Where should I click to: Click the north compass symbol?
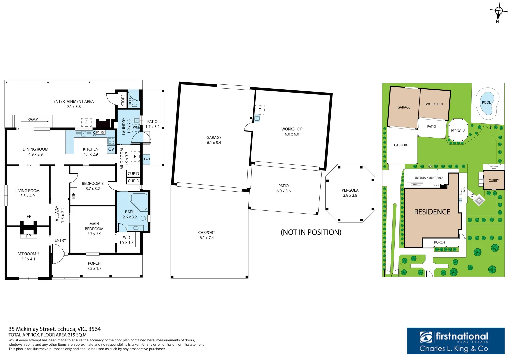click(498, 12)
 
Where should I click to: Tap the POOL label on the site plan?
click(486, 102)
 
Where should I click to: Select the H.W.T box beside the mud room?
click(146, 159)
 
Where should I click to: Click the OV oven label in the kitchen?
click(111, 149)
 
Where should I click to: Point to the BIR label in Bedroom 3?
click(73, 196)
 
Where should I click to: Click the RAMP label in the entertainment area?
click(33, 119)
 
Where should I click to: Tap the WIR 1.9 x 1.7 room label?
click(126, 240)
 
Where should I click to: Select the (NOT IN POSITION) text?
click(311, 232)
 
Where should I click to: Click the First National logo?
click(455, 341)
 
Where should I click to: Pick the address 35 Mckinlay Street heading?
click(54, 329)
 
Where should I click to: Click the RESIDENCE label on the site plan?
click(432, 212)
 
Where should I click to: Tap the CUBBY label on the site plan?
click(494, 181)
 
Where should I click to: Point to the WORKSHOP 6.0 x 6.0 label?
click(292, 132)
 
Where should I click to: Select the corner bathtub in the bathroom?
click(139, 201)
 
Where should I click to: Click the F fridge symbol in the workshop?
click(260, 110)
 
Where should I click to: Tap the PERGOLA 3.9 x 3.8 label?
click(350, 193)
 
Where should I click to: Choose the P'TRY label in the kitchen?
click(100, 132)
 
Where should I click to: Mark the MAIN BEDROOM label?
click(94, 229)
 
